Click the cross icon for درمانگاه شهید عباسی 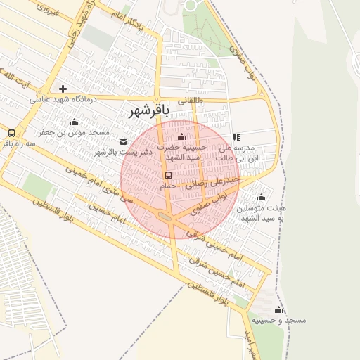(x=63, y=89)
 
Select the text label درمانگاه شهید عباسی (x=65, y=100)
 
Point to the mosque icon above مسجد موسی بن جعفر (x=74, y=122)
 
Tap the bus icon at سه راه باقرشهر (x=11, y=133)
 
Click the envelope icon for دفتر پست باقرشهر (x=124, y=141)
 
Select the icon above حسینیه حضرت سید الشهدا (x=183, y=136)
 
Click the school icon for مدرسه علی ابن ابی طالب (x=236, y=137)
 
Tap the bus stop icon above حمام (x=167, y=176)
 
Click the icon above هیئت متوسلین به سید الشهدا (x=261, y=197)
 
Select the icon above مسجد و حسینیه (x=278, y=310)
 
